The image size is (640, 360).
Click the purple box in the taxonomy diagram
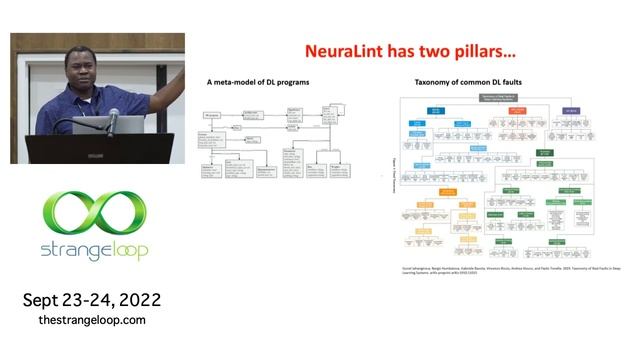[572, 108]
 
